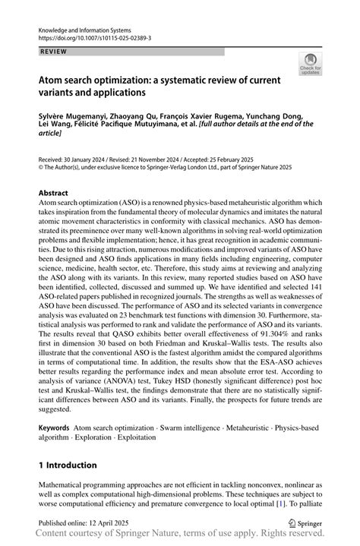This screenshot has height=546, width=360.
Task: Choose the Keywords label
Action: [56, 429]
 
